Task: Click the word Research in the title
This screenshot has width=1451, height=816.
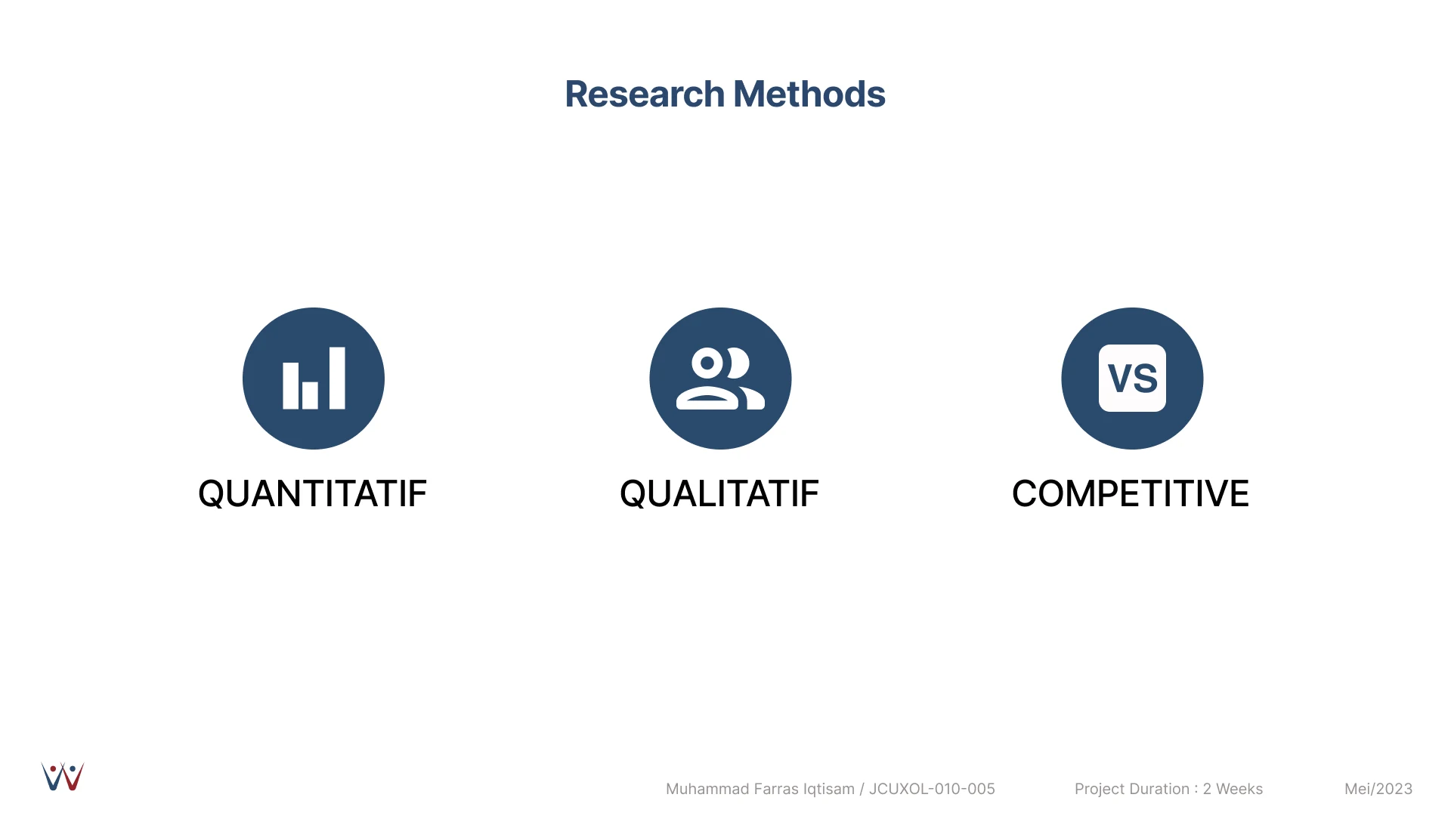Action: coord(645,94)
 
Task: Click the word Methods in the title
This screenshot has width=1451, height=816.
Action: coord(809,94)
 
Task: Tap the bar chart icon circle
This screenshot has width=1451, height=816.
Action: coord(314,379)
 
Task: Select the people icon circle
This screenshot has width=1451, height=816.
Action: coord(720,379)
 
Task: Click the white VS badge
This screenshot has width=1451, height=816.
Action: coord(1132,378)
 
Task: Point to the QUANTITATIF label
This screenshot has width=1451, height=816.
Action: coord(312,494)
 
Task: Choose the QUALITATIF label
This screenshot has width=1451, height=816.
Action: coord(719,494)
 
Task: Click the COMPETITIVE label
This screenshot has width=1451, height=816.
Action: coord(1131,494)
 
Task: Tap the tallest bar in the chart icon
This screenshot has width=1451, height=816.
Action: coord(337,379)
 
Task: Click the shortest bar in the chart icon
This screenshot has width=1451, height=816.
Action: coord(310,395)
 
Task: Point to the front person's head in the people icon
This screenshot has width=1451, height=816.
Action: coord(707,363)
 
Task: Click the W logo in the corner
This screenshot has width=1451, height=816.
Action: coord(63,777)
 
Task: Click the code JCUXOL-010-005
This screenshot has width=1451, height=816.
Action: coord(932,789)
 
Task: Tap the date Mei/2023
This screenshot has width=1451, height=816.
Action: coord(1378,789)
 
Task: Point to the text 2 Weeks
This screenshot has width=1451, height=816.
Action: coord(1233,789)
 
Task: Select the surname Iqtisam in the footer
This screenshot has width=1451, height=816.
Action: coord(829,790)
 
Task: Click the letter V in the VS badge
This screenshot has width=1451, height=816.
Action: coord(1120,379)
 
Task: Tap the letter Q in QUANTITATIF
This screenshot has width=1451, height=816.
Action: coord(212,495)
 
